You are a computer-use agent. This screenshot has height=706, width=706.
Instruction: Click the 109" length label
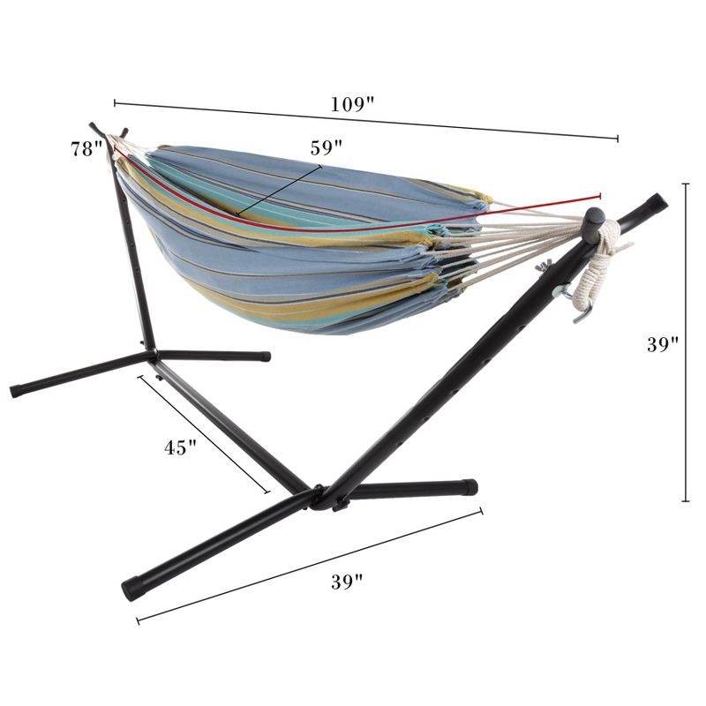pos(352,103)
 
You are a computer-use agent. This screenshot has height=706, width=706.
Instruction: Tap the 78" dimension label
pos(88,149)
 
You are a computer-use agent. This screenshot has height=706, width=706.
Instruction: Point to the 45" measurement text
pos(180,447)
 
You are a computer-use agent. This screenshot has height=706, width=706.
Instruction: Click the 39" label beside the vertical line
pos(662,345)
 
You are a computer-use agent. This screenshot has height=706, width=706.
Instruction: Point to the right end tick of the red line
pos(600,194)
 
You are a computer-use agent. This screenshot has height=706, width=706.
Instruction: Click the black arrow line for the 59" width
pos(279,188)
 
